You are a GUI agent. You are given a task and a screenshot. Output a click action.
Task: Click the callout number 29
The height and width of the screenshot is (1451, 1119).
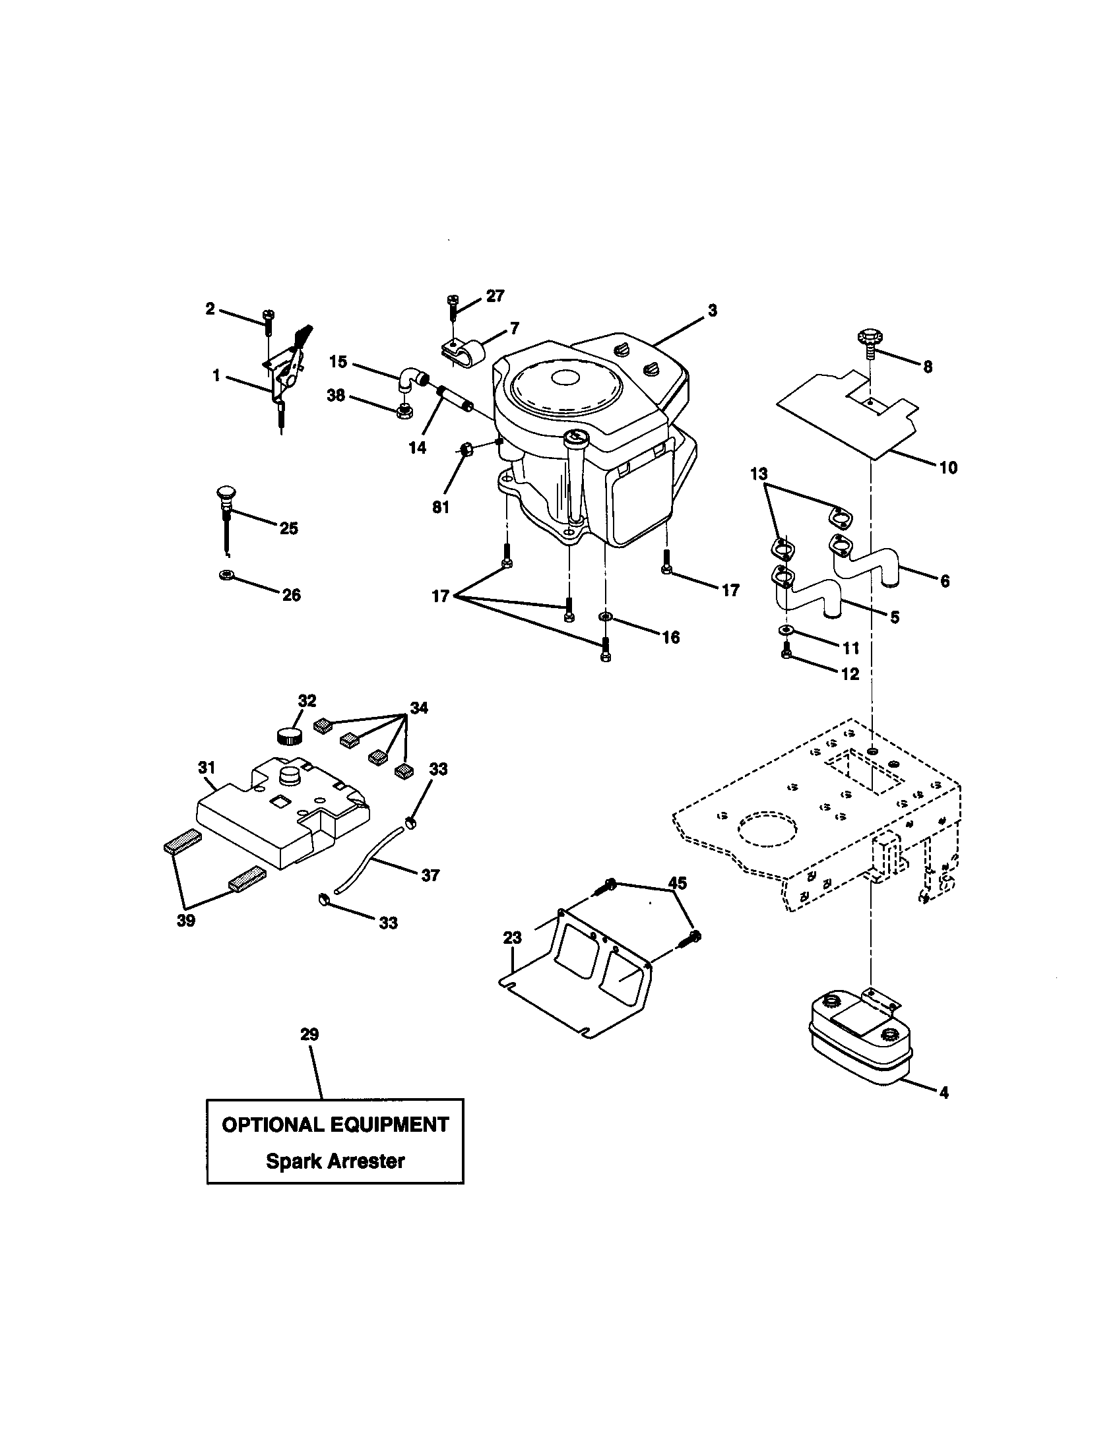tap(309, 1034)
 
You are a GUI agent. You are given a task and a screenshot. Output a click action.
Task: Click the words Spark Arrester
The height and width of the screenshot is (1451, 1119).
tap(335, 1161)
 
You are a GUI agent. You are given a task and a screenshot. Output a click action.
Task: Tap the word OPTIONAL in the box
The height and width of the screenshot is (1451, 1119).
tap(271, 1125)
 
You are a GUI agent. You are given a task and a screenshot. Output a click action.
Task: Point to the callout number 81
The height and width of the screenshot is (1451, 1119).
tap(441, 508)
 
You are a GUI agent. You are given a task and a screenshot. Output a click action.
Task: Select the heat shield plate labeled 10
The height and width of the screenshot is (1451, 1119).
tap(844, 419)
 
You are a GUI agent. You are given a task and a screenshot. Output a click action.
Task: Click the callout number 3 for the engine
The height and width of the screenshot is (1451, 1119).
tap(713, 310)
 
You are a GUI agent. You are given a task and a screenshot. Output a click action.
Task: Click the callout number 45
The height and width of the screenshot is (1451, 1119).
tap(677, 883)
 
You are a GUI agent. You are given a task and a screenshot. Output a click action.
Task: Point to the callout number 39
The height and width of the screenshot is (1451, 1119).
tap(186, 921)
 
